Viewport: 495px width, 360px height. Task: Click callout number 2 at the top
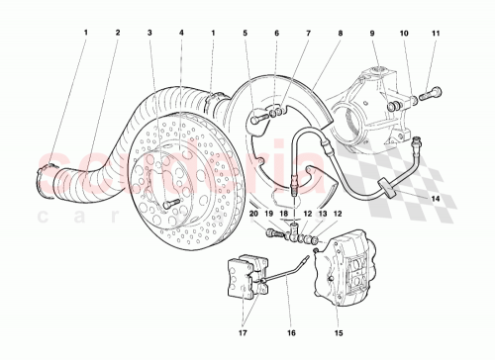[x=117, y=33]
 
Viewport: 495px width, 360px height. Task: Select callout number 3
[x=149, y=33]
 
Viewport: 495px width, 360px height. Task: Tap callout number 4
[x=181, y=33]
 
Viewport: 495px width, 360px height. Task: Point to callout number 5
[x=244, y=33]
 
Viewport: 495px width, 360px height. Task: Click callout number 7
[x=308, y=33]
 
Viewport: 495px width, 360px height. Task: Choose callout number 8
[x=340, y=33]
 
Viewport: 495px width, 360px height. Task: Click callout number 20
[x=254, y=213]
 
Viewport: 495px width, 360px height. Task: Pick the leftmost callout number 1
[x=85, y=33]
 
